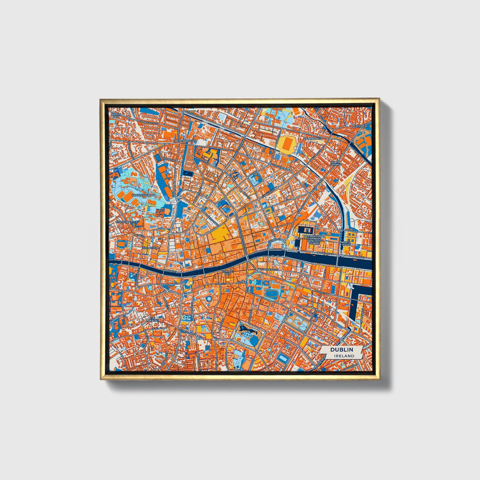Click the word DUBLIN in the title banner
341,350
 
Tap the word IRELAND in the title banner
344,356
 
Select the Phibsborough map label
187,141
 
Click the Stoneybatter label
127,222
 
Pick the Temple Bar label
228,272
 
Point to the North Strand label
336,163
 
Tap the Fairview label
361,126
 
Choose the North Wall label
345,244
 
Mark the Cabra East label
116,115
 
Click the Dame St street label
220,284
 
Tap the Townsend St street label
269,269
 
